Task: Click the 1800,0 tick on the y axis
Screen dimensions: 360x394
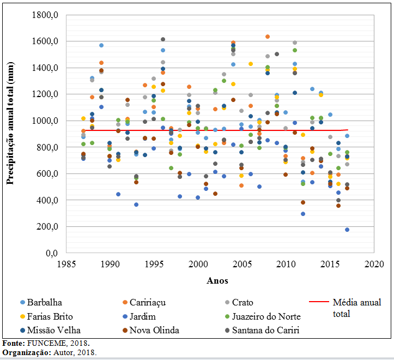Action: point(47,15)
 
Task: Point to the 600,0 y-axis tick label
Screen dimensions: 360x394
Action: point(49,174)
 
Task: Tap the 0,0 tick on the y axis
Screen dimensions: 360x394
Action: point(52,254)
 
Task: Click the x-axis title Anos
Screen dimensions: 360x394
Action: point(217,280)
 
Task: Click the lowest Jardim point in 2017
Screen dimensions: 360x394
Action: point(347,230)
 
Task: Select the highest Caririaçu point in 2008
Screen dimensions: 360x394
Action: point(268,37)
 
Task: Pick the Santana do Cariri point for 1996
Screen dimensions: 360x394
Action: point(163,39)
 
